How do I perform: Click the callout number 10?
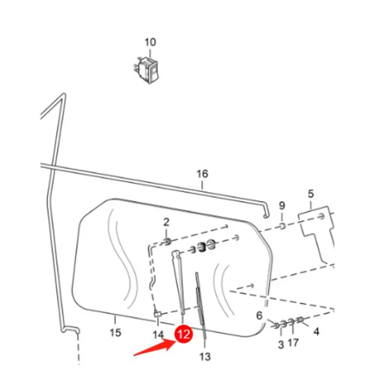[151, 42]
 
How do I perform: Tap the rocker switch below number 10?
[146, 70]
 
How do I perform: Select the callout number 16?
[202, 174]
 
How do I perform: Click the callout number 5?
[311, 194]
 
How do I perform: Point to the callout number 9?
[282, 205]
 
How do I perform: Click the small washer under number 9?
[282, 225]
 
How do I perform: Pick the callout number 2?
[166, 222]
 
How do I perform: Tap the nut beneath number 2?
[167, 242]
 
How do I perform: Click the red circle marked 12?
[184, 335]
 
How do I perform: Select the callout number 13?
[205, 356]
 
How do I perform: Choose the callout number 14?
[158, 335]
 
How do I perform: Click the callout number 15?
[116, 332]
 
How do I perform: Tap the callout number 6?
[259, 316]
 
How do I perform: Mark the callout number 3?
[281, 344]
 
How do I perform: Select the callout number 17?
[293, 342]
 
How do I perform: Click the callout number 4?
[316, 331]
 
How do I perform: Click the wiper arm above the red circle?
[179, 282]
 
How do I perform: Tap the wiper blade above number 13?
[201, 305]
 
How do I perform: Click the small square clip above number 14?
[157, 314]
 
